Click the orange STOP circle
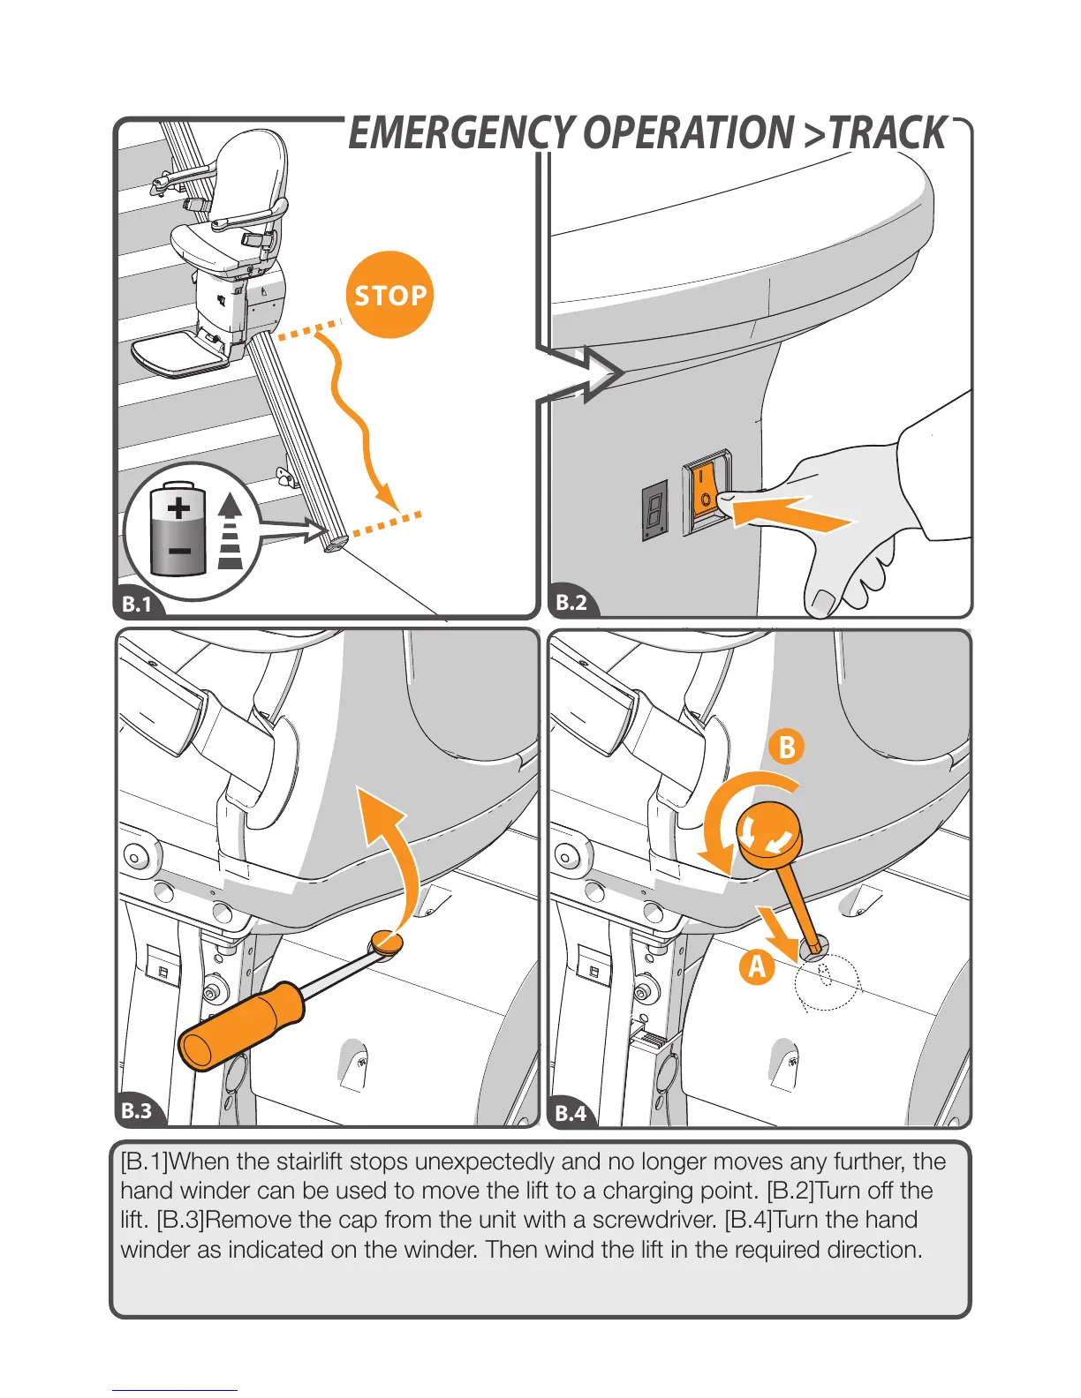coord(389,295)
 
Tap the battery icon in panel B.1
coord(178,529)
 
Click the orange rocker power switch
coord(707,492)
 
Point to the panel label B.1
coord(137,605)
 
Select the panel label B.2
coord(571,603)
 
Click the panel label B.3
coord(137,1110)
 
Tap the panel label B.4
coord(571,1113)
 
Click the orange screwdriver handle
coord(241,1025)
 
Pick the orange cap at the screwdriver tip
coord(387,942)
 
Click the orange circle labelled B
coord(787,748)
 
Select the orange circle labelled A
coord(757,966)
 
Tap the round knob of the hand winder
coord(769,833)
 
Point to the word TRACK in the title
coord(887,133)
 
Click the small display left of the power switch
coord(654,510)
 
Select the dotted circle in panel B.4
coord(827,981)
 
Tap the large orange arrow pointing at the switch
coord(790,513)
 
